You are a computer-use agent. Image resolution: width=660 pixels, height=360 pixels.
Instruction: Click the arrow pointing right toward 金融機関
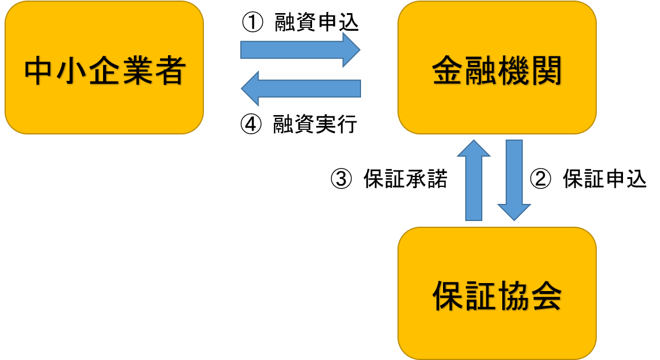[x=300, y=50]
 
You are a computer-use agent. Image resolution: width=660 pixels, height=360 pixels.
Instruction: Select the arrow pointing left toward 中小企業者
[x=300, y=88]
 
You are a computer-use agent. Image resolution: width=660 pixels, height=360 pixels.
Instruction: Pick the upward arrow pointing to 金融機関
[x=474, y=179]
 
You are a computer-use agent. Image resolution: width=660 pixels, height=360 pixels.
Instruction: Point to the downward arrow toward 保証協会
[x=514, y=179]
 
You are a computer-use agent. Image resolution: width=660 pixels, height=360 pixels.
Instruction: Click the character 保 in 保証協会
[x=448, y=297]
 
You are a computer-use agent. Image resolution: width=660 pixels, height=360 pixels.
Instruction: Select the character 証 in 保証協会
[x=481, y=297]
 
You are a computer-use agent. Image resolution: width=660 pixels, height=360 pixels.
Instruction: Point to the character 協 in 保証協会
[x=513, y=297]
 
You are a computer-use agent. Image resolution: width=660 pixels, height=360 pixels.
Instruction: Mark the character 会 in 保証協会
[x=546, y=297]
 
